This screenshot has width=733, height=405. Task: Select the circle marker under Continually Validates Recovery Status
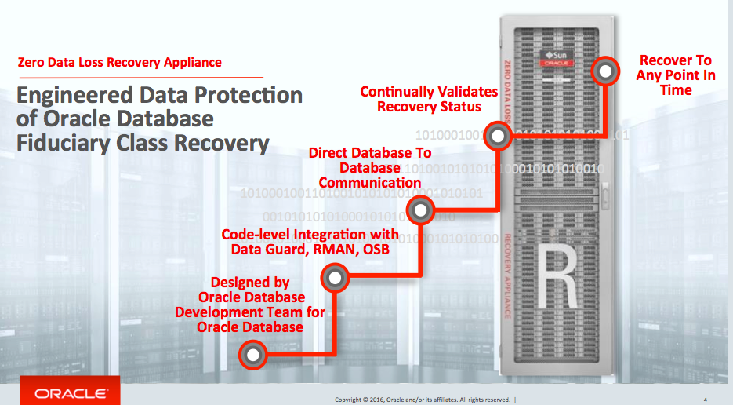pos(496,137)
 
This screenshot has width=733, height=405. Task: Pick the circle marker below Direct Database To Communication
pos(421,210)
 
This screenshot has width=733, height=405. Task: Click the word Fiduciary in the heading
pos(64,143)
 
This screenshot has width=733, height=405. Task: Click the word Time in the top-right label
pos(676,90)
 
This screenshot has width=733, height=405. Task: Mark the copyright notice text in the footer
pos(423,399)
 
